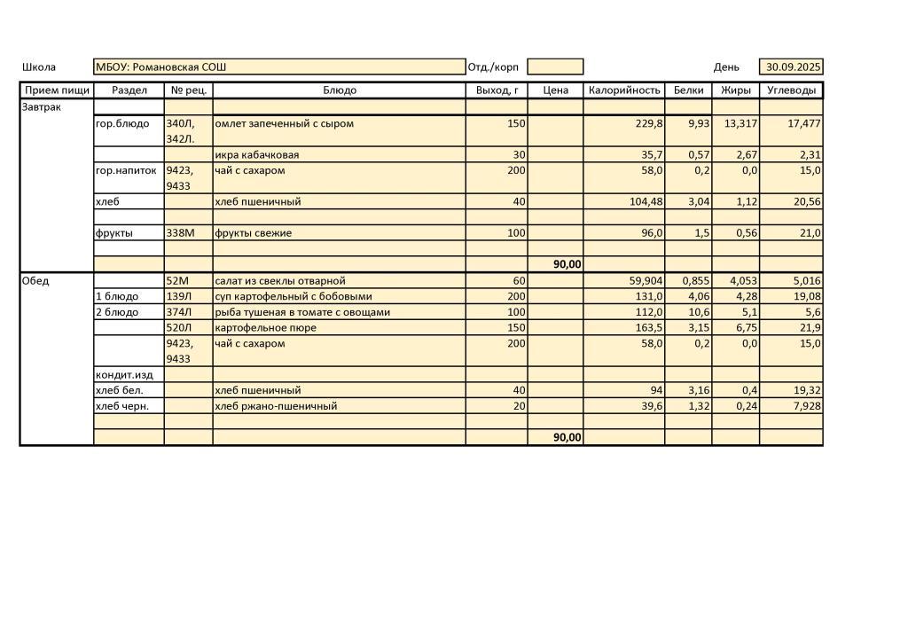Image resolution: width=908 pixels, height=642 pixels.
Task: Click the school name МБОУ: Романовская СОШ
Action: click(160, 67)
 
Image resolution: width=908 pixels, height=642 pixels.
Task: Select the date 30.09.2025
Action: click(794, 67)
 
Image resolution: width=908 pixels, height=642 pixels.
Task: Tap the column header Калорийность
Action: click(624, 90)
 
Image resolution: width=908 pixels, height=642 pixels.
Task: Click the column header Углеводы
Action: click(791, 90)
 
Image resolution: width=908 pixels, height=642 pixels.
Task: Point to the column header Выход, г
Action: click(497, 90)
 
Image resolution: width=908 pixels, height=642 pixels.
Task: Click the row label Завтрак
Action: click(41, 107)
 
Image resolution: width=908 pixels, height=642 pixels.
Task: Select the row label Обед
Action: click(35, 281)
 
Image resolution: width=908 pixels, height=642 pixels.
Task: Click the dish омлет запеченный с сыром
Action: click(284, 124)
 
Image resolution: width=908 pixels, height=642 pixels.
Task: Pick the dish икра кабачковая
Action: click(256, 155)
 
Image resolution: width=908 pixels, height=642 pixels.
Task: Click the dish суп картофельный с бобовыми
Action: click(294, 297)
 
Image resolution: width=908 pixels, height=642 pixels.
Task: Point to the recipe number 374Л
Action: click(179, 312)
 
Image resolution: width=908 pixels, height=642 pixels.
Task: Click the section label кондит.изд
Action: click(123, 375)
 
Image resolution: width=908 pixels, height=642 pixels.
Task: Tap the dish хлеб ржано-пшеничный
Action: click(277, 406)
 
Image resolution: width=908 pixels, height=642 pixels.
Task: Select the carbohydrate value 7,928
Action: click(804, 406)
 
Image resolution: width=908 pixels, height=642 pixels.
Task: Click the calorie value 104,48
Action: click(645, 202)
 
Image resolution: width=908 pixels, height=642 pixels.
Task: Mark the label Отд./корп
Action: click(493, 67)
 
